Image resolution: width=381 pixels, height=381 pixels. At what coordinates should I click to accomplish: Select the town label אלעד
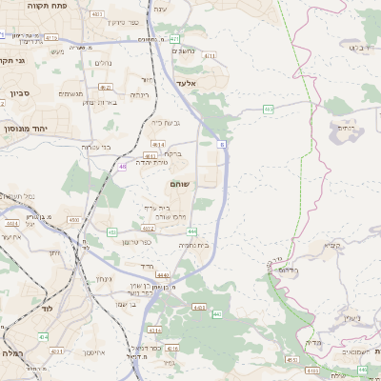pyautogui.click(x=184, y=84)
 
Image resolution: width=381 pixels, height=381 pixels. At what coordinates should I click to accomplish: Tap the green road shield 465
pyautogui.click(x=269, y=110)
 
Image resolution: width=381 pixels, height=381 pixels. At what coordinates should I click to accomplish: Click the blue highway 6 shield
pyautogui.click(x=221, y=144)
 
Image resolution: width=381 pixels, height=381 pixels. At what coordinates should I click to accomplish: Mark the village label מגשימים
pyautogui.click(x=70, y=93)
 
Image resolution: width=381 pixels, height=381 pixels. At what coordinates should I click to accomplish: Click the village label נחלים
pyautogui.click(x=104, y=63)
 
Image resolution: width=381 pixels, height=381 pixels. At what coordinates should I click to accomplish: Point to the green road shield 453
pyautogui.click(x=112, y=231)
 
